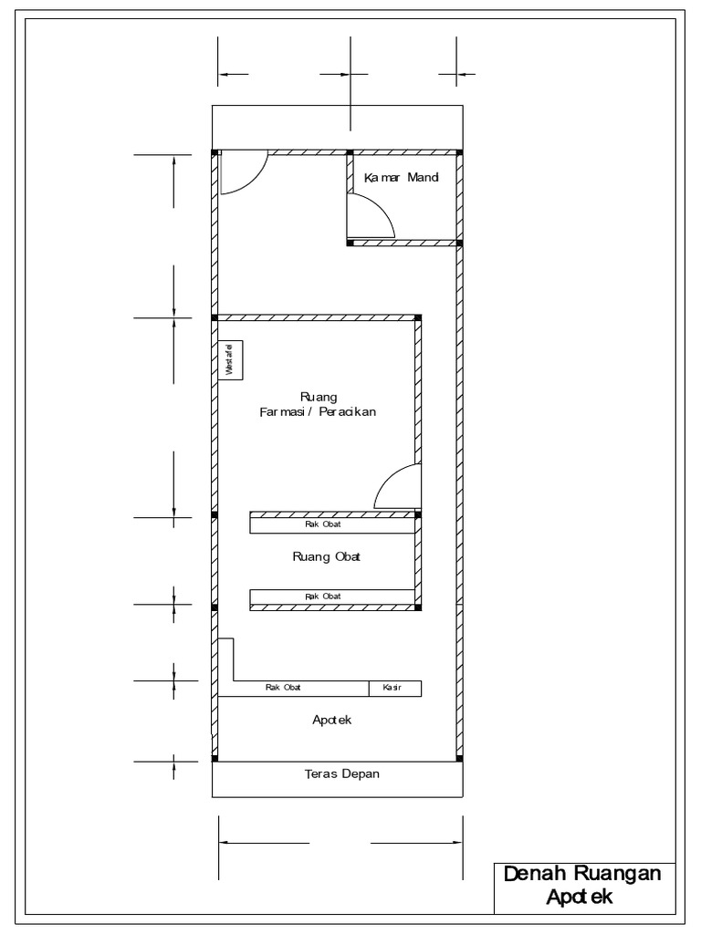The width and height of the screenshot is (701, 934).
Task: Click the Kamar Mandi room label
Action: click(x=402, y=177)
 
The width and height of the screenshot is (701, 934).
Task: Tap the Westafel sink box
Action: click(x=230, y=359)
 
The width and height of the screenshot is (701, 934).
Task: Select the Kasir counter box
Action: click(x=394, y=689)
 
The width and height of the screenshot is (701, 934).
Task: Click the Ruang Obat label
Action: click(x=326, y=557)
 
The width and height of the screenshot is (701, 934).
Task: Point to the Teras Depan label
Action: click(x=342, y=773)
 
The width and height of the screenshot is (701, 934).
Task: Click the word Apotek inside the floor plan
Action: click(x=332, y=720)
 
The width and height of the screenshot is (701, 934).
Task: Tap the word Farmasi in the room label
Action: click(x=281, y=411)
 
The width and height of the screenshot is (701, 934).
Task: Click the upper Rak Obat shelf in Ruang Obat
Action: click(x=332, y=524)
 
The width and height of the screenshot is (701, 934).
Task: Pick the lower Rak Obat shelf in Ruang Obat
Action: click(x=332, y=597)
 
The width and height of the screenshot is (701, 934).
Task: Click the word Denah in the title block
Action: click(x=535, y=874)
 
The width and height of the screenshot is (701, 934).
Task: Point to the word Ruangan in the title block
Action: click(x=618, y=875)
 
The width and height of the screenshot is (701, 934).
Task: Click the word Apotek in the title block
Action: click(x=580, y=898)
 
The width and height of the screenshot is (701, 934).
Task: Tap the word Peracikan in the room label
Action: click(x=348, y=411)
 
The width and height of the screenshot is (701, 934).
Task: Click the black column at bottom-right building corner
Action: click(x=459, y=758)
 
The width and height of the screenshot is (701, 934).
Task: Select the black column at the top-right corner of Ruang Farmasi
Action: click(x=418, y=318)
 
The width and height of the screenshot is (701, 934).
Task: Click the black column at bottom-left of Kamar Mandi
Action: click(x=350, y=243)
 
